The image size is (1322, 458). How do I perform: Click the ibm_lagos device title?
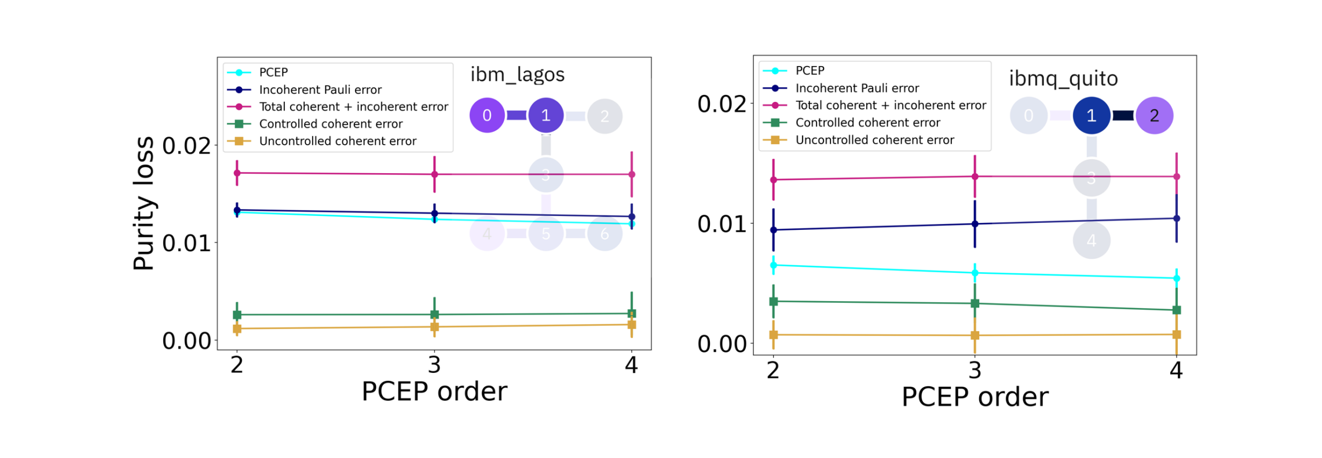click(517, 75)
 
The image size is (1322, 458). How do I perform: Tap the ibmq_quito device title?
click(1063, 78)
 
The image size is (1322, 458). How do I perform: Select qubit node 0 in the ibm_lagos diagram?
click(487, 115)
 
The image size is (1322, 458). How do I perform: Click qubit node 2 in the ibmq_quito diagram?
click(1154, 116)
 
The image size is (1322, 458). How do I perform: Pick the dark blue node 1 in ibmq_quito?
click(1091, 116)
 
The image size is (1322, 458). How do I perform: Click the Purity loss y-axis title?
click(144, 204)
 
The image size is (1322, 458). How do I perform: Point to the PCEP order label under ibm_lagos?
click(434, 391)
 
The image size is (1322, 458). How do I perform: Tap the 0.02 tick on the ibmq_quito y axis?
click(722, 104)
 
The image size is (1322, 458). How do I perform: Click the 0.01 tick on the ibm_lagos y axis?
click(186, 243)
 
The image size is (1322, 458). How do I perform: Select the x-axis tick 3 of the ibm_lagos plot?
click(434, 365)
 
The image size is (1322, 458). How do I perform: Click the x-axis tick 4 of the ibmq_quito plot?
click(1176, 370)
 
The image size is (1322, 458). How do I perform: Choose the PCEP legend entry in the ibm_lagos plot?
click(273, 72)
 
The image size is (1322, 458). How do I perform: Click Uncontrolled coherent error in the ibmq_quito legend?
click(874, 140)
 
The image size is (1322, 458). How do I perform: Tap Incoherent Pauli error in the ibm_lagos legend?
click(320, 90)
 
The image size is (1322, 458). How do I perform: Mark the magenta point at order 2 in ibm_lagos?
click(237, 173)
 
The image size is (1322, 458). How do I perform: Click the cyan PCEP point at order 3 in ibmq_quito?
click(975, 273)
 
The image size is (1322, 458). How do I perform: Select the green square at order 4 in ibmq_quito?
click(1176, 310)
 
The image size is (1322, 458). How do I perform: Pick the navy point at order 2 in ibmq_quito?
click(773, 230)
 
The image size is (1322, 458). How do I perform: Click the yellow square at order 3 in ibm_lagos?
click(434, 327)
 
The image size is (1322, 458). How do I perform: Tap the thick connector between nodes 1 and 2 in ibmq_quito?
click(1123, 116)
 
